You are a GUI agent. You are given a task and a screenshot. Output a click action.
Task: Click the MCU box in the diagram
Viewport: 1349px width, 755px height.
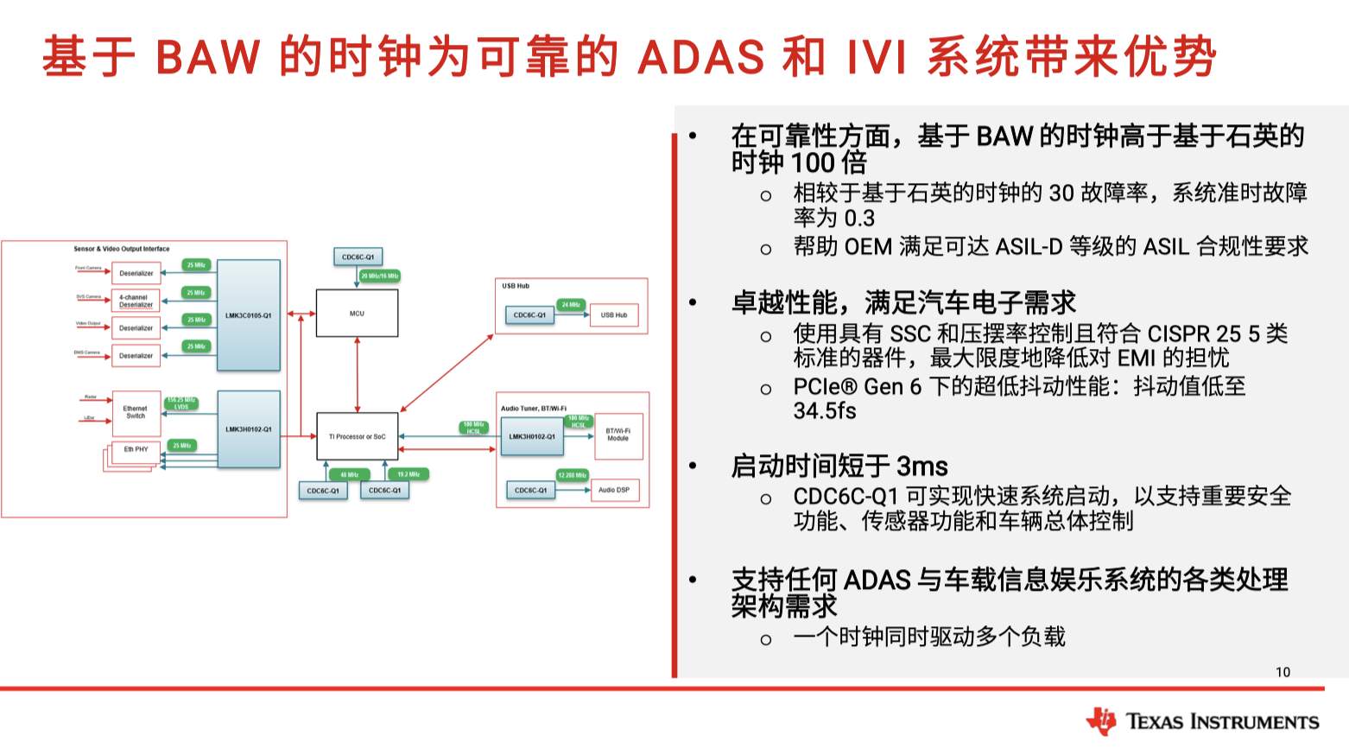pos(357,313)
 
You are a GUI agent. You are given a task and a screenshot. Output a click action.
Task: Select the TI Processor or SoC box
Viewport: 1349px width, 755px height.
pos(357,436)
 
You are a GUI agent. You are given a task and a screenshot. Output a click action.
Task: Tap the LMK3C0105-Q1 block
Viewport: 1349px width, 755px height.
pos(248,315)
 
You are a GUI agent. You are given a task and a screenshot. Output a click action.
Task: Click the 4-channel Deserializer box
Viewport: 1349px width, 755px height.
pos(136,301)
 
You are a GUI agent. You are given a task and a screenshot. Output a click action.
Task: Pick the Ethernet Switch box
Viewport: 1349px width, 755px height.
pos(136,413)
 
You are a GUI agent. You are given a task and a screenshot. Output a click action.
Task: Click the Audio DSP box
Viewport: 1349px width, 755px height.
pos(614,490)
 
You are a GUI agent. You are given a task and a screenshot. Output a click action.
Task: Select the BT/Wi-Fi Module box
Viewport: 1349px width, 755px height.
pos(618,435)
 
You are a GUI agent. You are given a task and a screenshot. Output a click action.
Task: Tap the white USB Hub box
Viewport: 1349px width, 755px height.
pos(614,315)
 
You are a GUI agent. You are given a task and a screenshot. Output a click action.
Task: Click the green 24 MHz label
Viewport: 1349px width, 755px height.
pos(571,305)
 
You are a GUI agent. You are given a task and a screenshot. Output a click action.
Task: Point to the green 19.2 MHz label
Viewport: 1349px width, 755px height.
pos(408,474)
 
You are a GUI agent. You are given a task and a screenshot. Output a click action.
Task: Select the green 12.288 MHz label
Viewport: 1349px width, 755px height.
pos(572,475)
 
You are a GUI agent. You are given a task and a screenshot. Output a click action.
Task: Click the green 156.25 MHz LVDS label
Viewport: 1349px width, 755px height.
pos(181,403)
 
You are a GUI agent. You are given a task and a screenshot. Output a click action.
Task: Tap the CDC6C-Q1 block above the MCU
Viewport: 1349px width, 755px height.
pos(358,257)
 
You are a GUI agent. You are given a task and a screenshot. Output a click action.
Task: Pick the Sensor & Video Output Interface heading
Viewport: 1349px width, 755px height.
pos(122,249)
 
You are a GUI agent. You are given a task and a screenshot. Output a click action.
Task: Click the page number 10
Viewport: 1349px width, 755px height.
pos(1282,672)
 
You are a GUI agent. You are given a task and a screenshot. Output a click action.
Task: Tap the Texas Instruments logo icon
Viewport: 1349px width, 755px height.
pos(1101,720)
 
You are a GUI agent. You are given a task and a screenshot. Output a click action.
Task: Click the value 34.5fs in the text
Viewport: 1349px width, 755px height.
pos(825,411)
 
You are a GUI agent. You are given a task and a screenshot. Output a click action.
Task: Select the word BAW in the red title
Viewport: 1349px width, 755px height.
pos(207,57)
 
